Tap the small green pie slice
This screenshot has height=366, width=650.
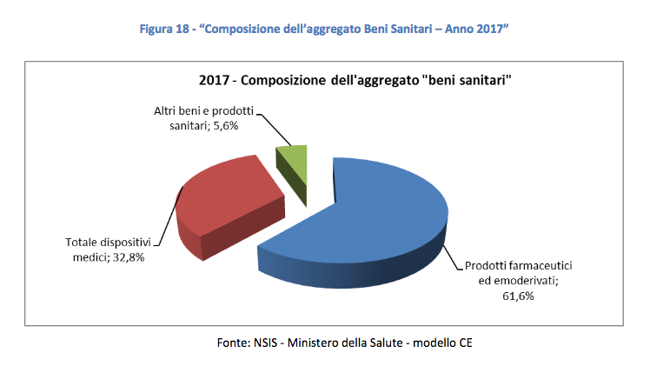[293, 156]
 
